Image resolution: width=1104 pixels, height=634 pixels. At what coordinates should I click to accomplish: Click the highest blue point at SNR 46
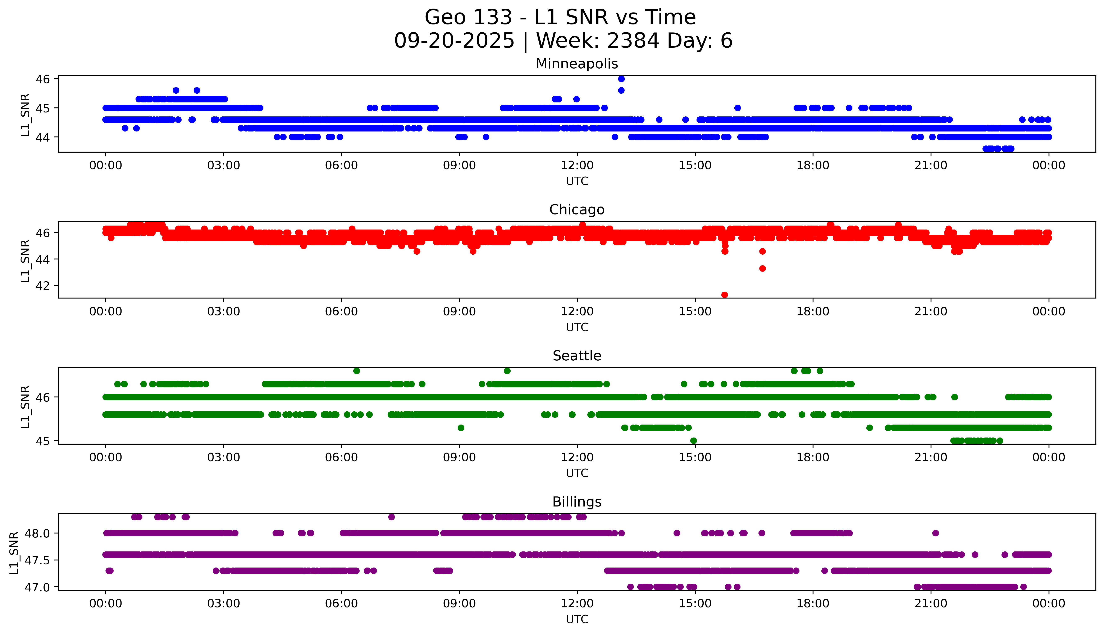pyautogui.click(x=621, y=79)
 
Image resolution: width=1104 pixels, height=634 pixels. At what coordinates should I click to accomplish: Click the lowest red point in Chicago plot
pyautogui.click(x=725, y=295)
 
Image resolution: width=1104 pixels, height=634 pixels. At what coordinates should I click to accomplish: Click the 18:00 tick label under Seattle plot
pyautogui.click(x=813, y=458)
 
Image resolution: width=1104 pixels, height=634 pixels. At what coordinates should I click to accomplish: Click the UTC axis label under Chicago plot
pyautogui.click(x=577, y=327)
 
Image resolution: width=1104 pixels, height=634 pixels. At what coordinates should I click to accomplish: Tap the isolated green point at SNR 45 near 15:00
pyautogui.click(x=694, y=441)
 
